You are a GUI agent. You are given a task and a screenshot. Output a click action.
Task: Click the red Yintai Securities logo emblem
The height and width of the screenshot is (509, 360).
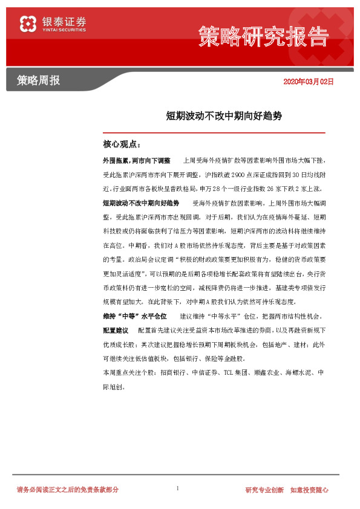click(x=28, y=24)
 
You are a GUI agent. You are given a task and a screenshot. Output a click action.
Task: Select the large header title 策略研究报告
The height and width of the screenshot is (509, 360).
click(x=263, y=36)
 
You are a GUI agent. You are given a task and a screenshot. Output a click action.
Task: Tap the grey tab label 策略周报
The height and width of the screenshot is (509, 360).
click(x=39, y=80)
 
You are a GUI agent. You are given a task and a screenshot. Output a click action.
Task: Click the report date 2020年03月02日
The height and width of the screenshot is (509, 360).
click(x=309, y=81)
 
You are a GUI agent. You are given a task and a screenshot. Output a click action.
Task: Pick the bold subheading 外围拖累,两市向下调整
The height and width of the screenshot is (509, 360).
click(x=137, y=161)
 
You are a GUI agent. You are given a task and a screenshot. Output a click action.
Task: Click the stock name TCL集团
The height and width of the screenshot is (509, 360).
click(x=236, y=372)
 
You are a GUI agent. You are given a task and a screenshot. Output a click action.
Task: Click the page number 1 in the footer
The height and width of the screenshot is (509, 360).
click(x=177, y=487)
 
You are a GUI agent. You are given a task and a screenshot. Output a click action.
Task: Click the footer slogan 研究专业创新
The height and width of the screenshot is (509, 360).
click(x=264, y=489)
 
